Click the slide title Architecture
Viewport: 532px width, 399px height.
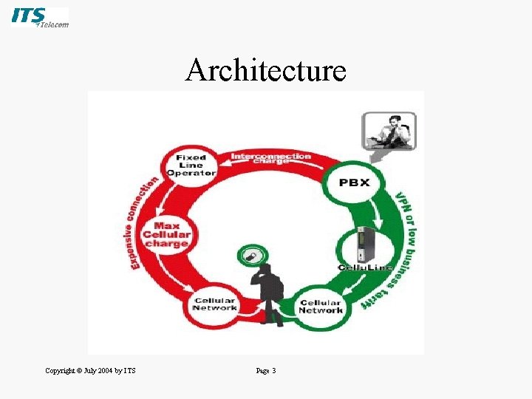click(x=265, y=71)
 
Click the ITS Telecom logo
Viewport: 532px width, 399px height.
click(x=40, y=18)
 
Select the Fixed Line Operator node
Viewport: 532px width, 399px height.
click(x=191, y=165)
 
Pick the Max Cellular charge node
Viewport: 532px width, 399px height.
click(x=167, y=234)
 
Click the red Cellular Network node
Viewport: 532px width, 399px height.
click(x=214, y=304)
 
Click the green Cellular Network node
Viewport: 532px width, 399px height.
click(x=320, y=306)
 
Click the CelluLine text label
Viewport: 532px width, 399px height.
click(x=365, y=267)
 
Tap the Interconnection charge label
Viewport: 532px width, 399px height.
click(x=270, y=157)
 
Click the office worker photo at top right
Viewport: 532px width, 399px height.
click(x=389, y=131)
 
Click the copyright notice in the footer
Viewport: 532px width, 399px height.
click(x=90, y=370)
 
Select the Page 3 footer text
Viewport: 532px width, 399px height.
click(x=265, y=370)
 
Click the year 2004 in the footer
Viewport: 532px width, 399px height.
click(x=102, y=370)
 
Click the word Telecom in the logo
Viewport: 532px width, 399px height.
click(x=54, y=24)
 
